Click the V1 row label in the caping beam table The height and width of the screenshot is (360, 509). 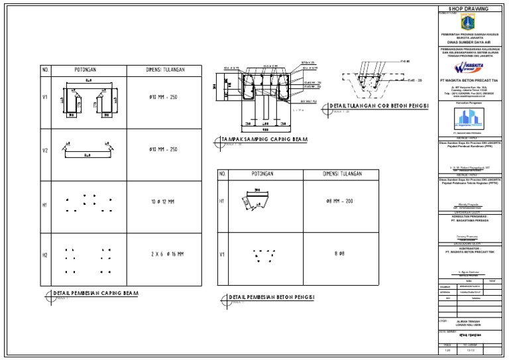point(46,97)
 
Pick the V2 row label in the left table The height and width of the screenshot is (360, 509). point(46,150)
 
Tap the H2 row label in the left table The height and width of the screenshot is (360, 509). point(46,255)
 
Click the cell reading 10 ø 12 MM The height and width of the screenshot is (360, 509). point(162,202)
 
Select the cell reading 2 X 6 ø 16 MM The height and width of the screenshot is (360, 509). point(162,254)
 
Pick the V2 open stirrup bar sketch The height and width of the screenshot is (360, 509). point(87,150)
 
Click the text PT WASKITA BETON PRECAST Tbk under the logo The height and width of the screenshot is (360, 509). point(469,80)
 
